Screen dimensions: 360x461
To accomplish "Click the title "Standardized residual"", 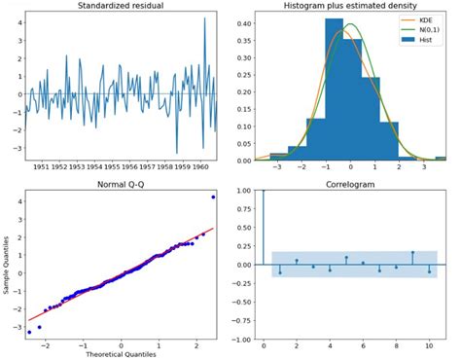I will (121, 7).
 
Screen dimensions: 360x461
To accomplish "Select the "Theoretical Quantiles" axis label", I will (121, 354).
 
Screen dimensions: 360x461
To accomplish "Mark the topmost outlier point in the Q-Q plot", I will (213, 198).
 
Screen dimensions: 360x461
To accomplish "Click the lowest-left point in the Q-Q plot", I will (29, 333).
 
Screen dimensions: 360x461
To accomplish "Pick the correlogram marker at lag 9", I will (413, 253).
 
